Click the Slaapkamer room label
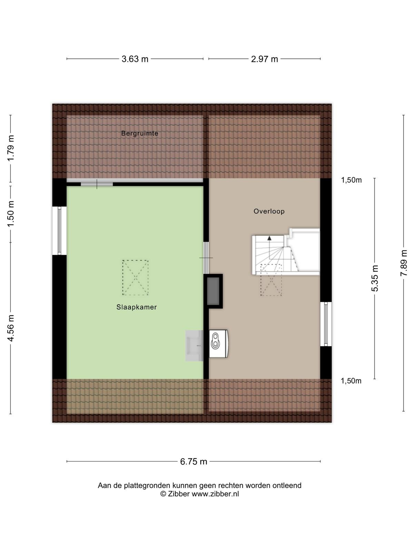pos(137,307)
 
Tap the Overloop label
pos(269,211)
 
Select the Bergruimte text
pos(140,133)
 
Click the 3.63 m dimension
pos(135,59)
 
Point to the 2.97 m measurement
pos(264,59)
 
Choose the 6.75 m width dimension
pos(194,462)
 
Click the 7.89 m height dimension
pos(403,263)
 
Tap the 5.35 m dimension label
pos(375,278)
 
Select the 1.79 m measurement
pos(11,148)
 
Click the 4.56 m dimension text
pos(11,328)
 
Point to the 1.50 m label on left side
pos(11,214)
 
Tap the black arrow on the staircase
pos(269,238)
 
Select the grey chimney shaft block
pos(213,291)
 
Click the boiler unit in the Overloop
pos(218,344)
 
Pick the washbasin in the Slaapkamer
pos(194,346)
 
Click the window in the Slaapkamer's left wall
pos(59,230)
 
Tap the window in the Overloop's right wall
pos(326,324)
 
